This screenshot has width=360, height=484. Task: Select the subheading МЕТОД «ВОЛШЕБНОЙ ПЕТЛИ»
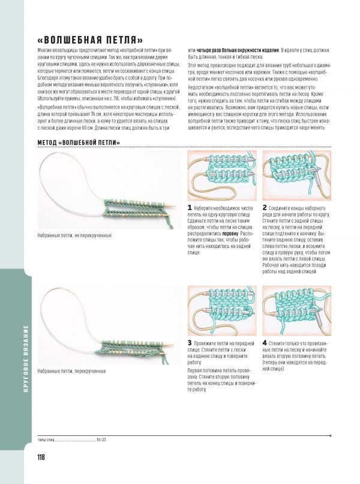[79, 142]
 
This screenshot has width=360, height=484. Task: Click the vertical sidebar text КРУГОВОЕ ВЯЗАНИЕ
[26, 358]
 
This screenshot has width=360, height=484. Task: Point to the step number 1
[190, 207]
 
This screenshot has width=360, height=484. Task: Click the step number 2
[265, 207]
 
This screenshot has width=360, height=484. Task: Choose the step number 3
[190, 342]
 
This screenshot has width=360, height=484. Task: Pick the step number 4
[265, 342]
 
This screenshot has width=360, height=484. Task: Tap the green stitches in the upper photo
[138, 208]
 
